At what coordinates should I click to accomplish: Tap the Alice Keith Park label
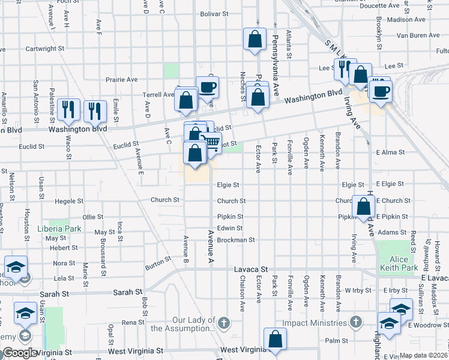[394, 259]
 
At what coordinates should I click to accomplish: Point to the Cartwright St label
[44, 48]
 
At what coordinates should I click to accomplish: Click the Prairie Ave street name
[122, 79]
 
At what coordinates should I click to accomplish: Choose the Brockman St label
[237, 239]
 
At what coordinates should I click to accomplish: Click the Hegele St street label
[67, 201]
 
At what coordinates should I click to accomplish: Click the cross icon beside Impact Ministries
[356, 323]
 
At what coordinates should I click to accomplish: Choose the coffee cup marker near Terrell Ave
[207, 86]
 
